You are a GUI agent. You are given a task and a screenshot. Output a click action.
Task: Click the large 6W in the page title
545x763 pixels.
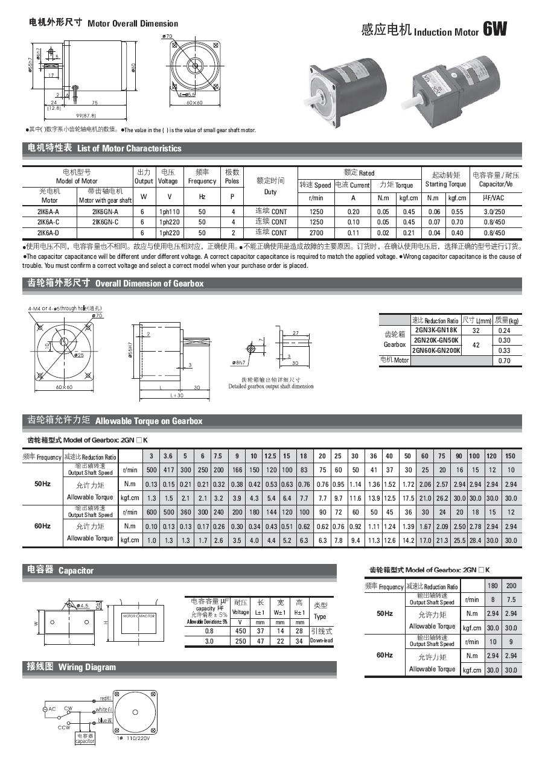[495, 30]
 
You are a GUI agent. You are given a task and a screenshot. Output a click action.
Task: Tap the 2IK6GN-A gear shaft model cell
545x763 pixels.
[105, 212]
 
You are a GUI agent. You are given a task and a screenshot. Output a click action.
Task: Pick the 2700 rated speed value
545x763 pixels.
[316, 232]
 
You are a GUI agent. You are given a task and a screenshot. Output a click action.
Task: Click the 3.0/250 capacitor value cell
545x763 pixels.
[495, 212]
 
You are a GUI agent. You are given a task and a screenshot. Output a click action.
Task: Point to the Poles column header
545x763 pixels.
[232, 177]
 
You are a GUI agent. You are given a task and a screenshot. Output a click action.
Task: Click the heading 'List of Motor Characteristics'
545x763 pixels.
[129, 148]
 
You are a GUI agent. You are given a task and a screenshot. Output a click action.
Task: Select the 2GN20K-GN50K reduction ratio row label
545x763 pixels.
[435, 340]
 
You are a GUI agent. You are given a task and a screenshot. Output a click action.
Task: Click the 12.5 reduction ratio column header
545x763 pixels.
[270, 456]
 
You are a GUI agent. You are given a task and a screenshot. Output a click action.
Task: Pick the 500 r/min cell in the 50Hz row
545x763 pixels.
[151, 470]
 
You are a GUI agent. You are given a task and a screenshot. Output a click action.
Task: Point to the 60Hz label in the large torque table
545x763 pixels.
[42, 526]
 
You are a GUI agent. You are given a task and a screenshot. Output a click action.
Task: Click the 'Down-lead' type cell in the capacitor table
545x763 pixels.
[320, 641]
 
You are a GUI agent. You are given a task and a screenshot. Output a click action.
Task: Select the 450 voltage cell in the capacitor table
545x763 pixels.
[240, 631]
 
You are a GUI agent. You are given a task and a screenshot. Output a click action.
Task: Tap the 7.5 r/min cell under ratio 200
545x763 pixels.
[511, 600]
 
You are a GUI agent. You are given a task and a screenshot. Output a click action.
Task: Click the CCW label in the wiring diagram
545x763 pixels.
[64, 727]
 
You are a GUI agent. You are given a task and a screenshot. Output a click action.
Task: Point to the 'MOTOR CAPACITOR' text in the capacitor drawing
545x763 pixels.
[139, 616]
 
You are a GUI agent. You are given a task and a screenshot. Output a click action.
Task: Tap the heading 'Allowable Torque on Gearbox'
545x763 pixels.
[148, 421]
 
